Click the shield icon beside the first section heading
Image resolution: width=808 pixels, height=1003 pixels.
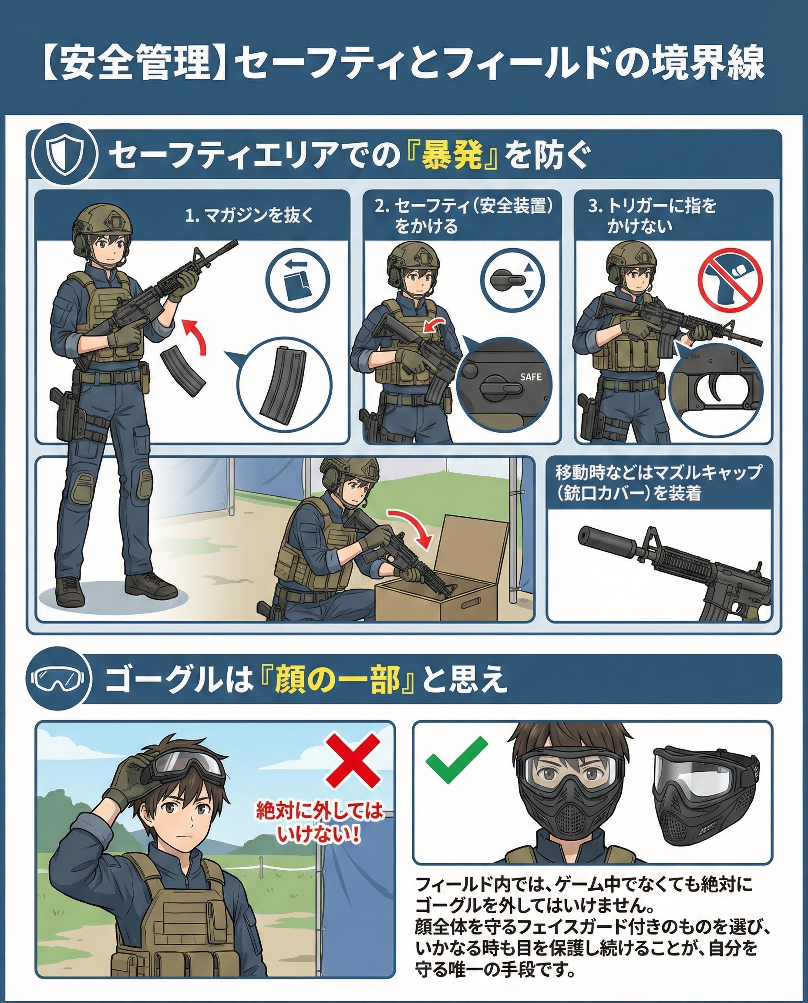click(x=65, y=154)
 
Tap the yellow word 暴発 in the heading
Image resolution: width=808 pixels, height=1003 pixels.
click(x=451, y=155)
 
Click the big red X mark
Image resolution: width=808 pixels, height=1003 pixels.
click(x=352, y=759)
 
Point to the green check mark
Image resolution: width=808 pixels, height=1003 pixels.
click(x=457, y=760)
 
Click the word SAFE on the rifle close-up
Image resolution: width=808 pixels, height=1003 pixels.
click(x=531, y=377)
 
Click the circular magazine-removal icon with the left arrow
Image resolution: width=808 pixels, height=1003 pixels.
click(x=297, y=281)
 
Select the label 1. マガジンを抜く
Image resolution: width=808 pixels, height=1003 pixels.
click(x=249, y=216)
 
